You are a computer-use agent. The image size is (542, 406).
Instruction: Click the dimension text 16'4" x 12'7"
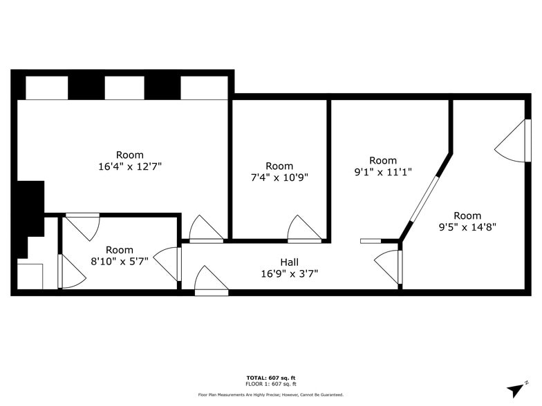[130, 166]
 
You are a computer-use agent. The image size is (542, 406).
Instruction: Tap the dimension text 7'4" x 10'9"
[279, 177]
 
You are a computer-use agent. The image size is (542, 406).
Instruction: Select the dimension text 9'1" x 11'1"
[382, 172]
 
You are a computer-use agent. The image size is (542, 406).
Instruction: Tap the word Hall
[290, 262]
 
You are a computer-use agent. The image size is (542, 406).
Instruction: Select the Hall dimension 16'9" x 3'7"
[290, 273]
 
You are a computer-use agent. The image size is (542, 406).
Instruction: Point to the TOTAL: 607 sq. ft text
[270, 378]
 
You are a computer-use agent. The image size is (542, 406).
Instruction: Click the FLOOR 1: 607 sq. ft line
[270, 383]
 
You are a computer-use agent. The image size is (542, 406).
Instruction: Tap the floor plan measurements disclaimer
[270, 394]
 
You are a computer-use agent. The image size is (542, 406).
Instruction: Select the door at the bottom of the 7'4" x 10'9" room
[304, 230]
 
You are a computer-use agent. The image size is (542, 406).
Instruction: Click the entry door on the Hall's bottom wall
[211, 282]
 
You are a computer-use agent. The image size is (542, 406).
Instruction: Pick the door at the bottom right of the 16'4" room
[206, 230]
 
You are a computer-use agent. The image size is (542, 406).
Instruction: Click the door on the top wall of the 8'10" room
[84, 225]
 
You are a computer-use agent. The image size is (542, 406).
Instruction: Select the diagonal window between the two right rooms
[424, 198]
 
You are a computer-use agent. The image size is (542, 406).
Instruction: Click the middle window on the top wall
[124, 88]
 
